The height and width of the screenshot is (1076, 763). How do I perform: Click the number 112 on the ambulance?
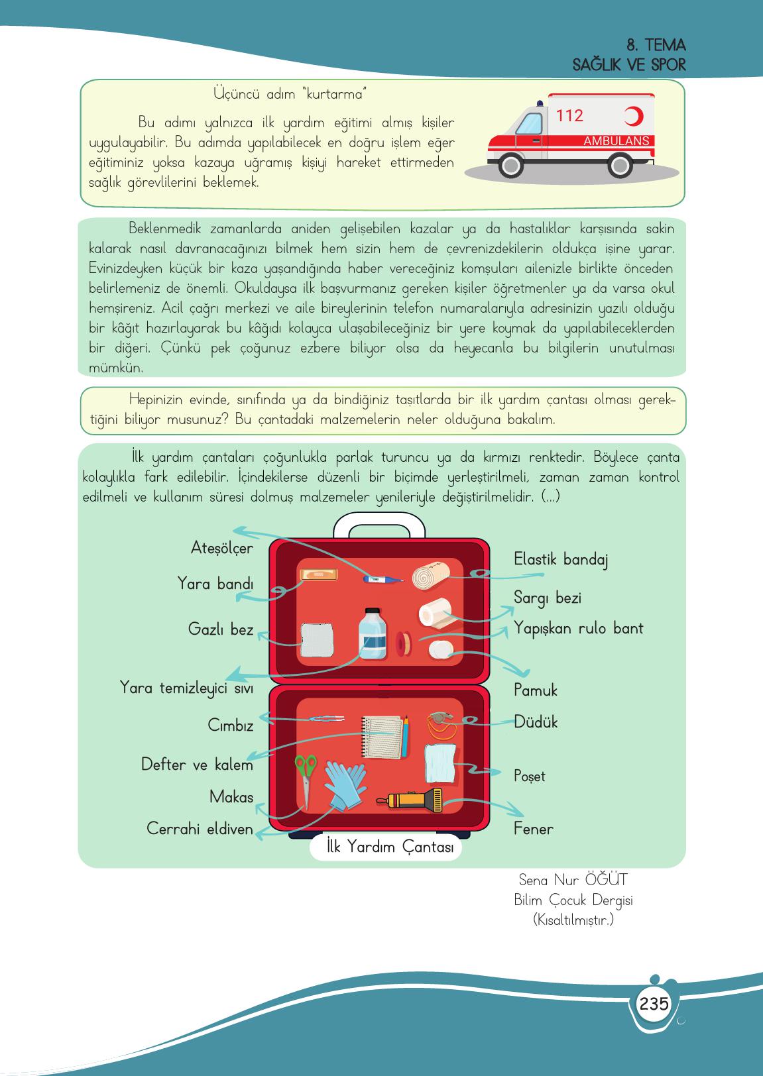click(569, 116)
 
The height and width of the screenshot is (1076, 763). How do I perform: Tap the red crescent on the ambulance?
click(634, 117)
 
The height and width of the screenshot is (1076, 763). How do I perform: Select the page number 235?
click(654, 1003)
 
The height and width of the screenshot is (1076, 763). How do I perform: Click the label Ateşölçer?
click(221, 549)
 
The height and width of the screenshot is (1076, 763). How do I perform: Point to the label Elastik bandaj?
click(561, 559)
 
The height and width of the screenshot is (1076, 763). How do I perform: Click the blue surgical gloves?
click(345, 784)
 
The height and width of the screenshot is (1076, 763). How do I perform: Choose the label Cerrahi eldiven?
click(200, 828)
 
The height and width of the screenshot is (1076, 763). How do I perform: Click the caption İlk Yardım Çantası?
click(386, 848)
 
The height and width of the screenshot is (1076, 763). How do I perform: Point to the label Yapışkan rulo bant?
click(579, 629)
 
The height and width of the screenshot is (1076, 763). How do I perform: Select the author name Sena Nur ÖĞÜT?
click(573, 880)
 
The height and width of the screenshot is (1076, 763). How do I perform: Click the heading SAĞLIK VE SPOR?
click(629, 66)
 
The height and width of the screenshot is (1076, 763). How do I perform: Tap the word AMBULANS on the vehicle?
click(616, 141)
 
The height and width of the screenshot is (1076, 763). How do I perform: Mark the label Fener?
click(533, 828)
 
